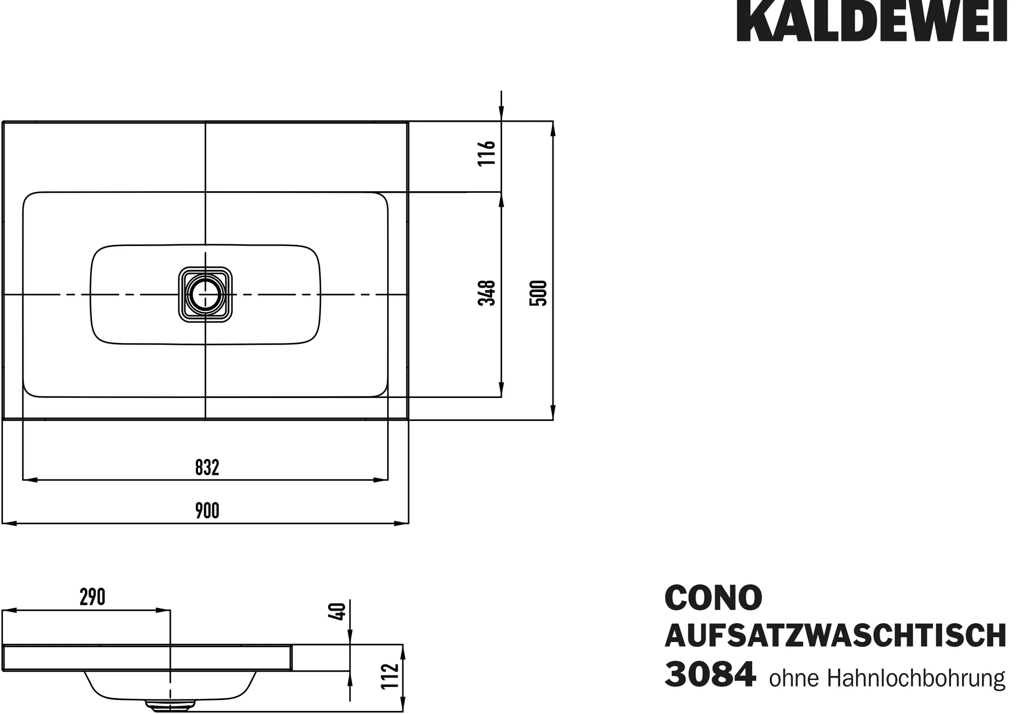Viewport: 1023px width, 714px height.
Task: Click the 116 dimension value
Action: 487,153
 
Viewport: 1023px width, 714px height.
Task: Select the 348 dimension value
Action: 487,293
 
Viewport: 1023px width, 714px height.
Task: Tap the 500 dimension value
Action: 538,293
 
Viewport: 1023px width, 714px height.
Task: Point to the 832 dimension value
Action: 207,468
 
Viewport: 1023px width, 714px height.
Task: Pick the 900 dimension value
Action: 207,511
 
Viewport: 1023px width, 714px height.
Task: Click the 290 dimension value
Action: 92,597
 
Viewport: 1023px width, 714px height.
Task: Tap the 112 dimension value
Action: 390,676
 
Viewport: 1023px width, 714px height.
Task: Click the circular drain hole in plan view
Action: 205,295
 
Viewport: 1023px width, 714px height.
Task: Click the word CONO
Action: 713,598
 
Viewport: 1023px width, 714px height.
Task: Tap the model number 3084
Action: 710,675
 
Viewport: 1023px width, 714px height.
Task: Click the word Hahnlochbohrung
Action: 916,679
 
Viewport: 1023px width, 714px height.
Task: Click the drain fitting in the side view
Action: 170,705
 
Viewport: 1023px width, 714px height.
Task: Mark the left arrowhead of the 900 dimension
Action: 9,523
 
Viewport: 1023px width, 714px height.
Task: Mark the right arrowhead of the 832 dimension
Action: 381,480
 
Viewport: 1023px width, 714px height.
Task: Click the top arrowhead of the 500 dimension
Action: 553,128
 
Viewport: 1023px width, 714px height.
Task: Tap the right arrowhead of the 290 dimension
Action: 163,610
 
